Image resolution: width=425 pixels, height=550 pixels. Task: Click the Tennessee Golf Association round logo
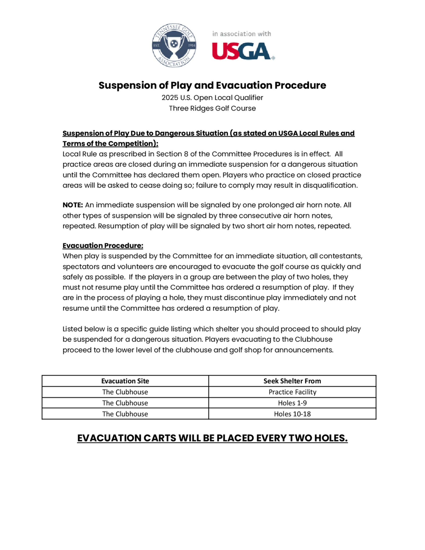click(174, 45)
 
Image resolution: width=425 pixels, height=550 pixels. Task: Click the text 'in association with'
click(241, 34)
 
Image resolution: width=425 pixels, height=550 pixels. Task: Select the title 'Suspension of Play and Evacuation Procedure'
click(212, 85)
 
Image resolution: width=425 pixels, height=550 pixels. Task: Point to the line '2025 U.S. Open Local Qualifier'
click(212, 98)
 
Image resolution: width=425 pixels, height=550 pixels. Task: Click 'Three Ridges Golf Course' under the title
click(212, 108)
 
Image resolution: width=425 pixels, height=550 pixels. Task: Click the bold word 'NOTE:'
click(72, 205)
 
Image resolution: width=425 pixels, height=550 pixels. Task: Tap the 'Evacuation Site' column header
click(125, 381)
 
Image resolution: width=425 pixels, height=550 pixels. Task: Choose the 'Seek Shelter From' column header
click(292, 381)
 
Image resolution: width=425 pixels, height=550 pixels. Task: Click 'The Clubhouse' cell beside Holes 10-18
click(125, 414)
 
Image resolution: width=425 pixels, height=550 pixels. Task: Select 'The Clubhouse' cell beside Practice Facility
click(125, 392)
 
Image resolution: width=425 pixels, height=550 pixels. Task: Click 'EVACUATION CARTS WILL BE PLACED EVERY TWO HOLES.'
click(212, 438)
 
